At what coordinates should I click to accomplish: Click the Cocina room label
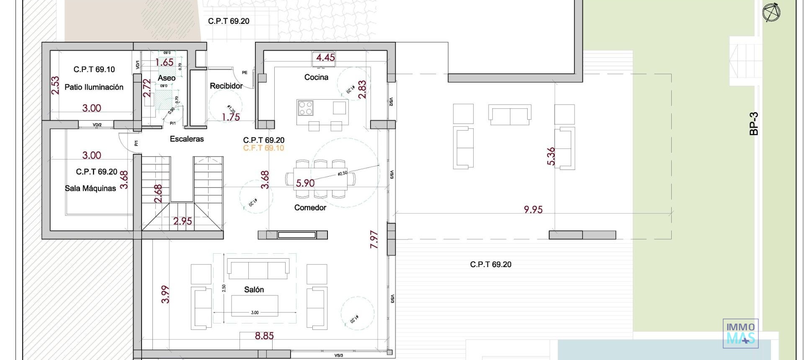[316, 77]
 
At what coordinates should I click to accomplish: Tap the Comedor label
[310, 208]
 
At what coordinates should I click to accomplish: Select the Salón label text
[254, 290]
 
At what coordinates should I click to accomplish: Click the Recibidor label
[226, 86]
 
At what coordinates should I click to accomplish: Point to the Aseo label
[166, 78]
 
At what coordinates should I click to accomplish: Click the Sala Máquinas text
[90, 188]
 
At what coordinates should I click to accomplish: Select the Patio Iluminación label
[94, 87]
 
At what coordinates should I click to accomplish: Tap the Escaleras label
[187, 139]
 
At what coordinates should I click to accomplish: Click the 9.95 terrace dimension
[533, 209]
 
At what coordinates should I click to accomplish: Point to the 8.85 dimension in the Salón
[264, 336]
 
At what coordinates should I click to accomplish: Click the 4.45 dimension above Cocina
[325, 57]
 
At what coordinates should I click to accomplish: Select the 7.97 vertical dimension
[374, 239]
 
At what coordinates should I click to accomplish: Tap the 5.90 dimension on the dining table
[305, 183]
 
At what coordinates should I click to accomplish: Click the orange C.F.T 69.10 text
[263, 148]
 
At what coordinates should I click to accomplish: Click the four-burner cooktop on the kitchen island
[305, 108]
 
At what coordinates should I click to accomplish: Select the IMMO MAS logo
[740, 333]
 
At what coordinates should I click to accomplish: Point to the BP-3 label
[754, 123]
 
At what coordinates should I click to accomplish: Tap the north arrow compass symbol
[771, 12]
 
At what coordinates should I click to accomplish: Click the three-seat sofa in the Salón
[258, 269]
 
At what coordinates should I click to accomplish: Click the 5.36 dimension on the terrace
[551, 156]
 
